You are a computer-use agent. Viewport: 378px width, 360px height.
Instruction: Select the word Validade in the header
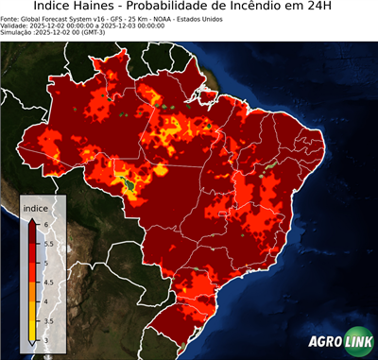click(x=16, y=25)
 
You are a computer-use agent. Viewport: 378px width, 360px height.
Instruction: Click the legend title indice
click(x=35, y=206)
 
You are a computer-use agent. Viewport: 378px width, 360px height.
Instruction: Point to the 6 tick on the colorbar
click(x=46, y=223)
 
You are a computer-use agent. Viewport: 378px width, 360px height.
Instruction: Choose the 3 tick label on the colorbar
click(x=46, y=341)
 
